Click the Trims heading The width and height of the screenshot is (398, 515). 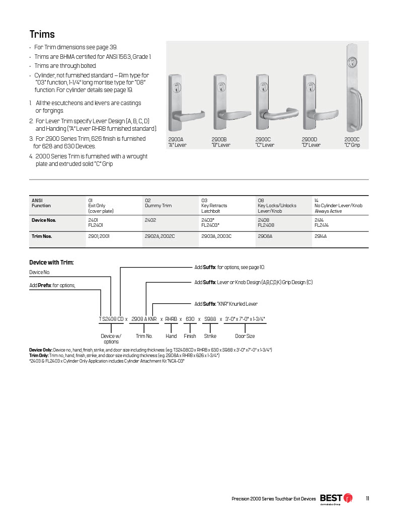coord(42,34)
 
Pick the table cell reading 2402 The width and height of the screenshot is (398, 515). coord(150,220)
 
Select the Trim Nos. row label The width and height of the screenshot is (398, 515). coord(42,236)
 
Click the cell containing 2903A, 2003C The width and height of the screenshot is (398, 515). coord(216,236)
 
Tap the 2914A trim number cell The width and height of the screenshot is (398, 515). coord(321,236)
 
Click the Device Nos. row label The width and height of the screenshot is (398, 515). coord(44,220)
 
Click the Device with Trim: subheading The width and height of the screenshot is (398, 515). coord(51,262)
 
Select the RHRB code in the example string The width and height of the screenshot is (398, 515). coord(171,319)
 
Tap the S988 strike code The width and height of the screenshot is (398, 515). coord(210,319)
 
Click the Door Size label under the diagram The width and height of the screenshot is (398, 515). coord(245,336)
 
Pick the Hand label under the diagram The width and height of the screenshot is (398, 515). coord(171,336)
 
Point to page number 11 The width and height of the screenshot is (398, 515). coord(368,498)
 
